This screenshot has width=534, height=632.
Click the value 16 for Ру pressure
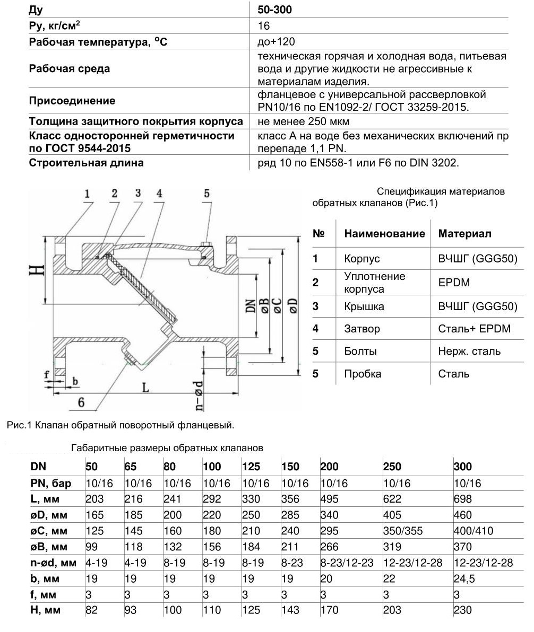click(264, 26)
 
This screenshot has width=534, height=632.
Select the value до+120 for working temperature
click(276, 42)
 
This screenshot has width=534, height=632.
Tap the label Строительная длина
click(86, 163)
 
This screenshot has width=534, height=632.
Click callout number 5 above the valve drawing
click(207, 194)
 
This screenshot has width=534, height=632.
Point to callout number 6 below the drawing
click(81, 402)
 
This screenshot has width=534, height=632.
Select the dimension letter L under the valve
click(145, 388)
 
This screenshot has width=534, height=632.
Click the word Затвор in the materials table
click(362, 329)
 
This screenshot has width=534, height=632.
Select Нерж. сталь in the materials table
click(469, 351)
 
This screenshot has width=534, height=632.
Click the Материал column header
click(464, 234)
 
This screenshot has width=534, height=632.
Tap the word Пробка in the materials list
click(363, 374)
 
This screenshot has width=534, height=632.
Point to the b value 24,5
click(464, 578)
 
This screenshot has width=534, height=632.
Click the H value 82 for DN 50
click(92, 610)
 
